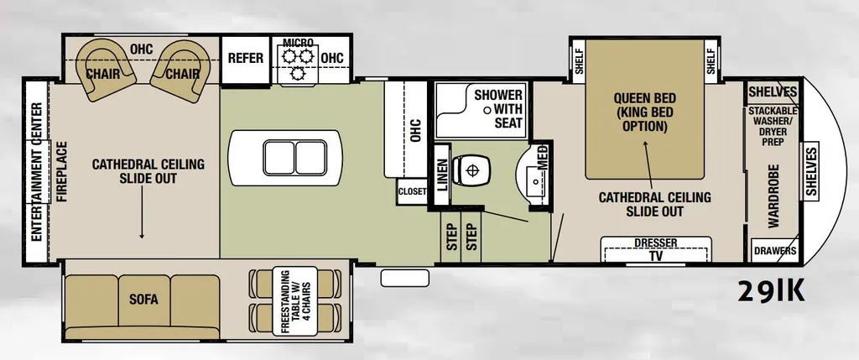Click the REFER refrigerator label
(x=246, y=58)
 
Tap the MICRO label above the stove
(x=298, y=43)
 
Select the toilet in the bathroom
(x=471, y=170)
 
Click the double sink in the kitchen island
(x=295, y=158)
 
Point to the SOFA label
(x=143, y=300)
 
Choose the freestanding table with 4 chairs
(x=294, y=300)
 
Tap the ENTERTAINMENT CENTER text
(x=37, y=171)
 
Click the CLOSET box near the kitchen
(x=412, y=191)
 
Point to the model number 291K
(x=772, y=292)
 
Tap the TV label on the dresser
(x=655, y=255)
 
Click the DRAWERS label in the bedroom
(x=774, y=251)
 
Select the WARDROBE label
(x=773, y=196)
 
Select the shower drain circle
(x=487, y=110)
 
